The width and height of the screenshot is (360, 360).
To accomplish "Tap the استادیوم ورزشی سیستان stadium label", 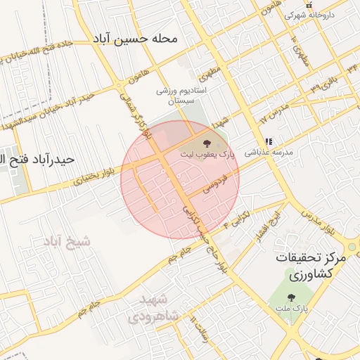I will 179,96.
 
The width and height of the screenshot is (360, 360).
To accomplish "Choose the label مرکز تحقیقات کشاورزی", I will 311,264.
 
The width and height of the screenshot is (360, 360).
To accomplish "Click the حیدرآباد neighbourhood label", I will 39,159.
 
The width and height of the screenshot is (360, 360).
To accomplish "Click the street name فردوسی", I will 216,180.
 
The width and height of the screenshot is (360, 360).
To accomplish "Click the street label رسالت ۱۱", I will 199,329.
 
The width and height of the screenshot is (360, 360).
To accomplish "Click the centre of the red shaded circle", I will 180,180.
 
